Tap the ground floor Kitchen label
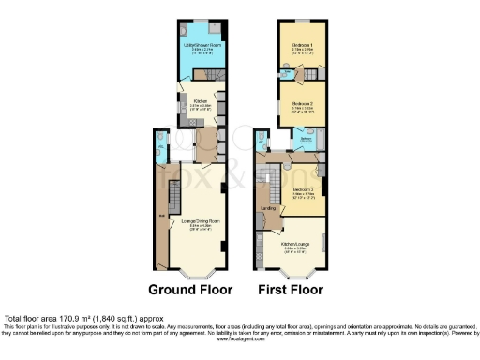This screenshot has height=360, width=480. click(200, 102)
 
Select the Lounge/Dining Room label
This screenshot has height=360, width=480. click(201, 221)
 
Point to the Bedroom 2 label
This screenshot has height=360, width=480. click(302, 103)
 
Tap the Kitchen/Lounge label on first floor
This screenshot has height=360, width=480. click(289, 247)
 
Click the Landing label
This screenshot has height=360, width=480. click(265, 208)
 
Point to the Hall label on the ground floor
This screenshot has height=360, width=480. click(161, 217)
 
